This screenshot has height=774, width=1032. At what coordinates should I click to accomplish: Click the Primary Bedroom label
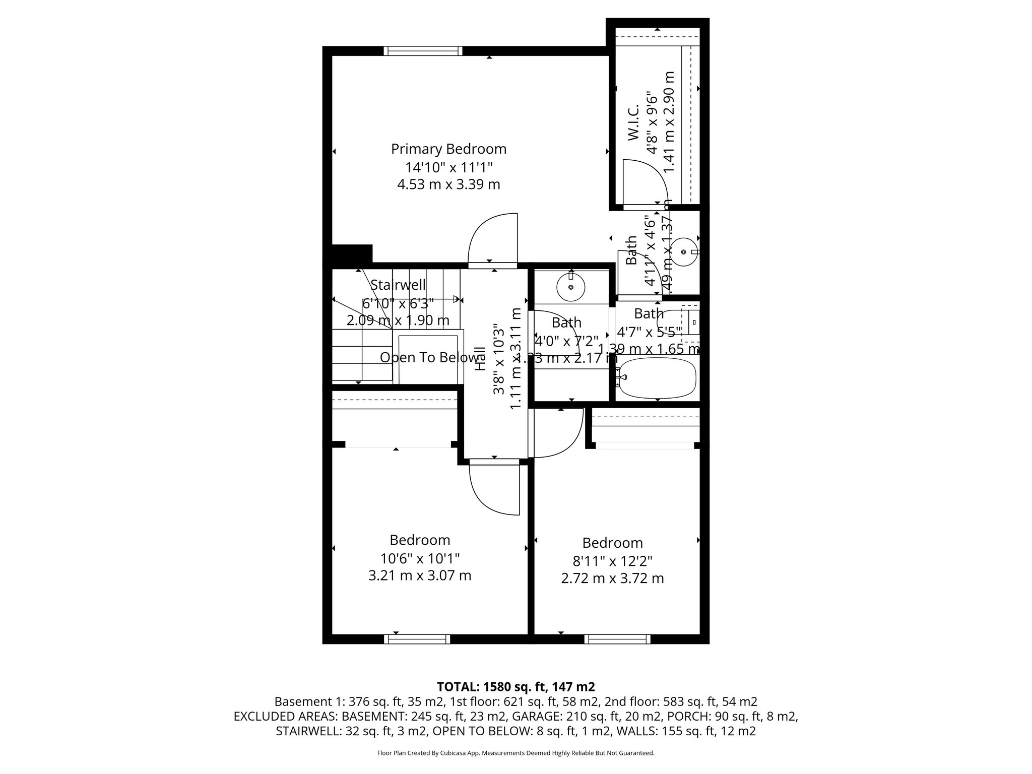448,149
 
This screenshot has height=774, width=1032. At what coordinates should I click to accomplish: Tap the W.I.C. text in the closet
633,122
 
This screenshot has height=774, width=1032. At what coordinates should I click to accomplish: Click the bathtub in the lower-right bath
658,377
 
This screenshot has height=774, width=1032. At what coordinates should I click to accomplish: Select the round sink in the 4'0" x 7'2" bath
570,287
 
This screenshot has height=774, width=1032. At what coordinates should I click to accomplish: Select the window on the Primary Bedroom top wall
423,50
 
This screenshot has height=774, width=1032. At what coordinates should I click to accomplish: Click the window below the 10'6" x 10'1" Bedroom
417,639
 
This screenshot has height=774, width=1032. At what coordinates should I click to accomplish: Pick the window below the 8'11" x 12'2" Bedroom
617,639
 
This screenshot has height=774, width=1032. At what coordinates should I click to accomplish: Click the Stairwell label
398,285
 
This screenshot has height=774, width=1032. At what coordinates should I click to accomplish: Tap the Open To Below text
429,357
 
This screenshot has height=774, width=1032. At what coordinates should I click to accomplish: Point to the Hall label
481,359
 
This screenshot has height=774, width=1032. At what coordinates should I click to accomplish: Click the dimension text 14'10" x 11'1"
448,167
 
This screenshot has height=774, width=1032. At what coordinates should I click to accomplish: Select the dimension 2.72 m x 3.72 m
612,578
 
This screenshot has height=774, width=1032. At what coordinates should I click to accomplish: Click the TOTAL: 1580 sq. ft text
515,686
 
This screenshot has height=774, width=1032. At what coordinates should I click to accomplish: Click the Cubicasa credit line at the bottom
515,753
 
